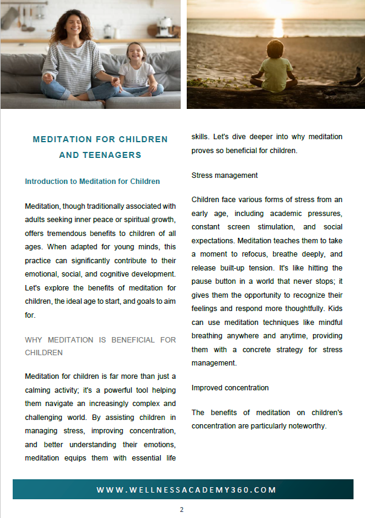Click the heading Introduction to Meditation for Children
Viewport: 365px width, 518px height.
92,182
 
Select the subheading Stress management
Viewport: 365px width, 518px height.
225,175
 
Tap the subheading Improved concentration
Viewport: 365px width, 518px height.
230,387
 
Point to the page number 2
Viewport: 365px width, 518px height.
181,510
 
